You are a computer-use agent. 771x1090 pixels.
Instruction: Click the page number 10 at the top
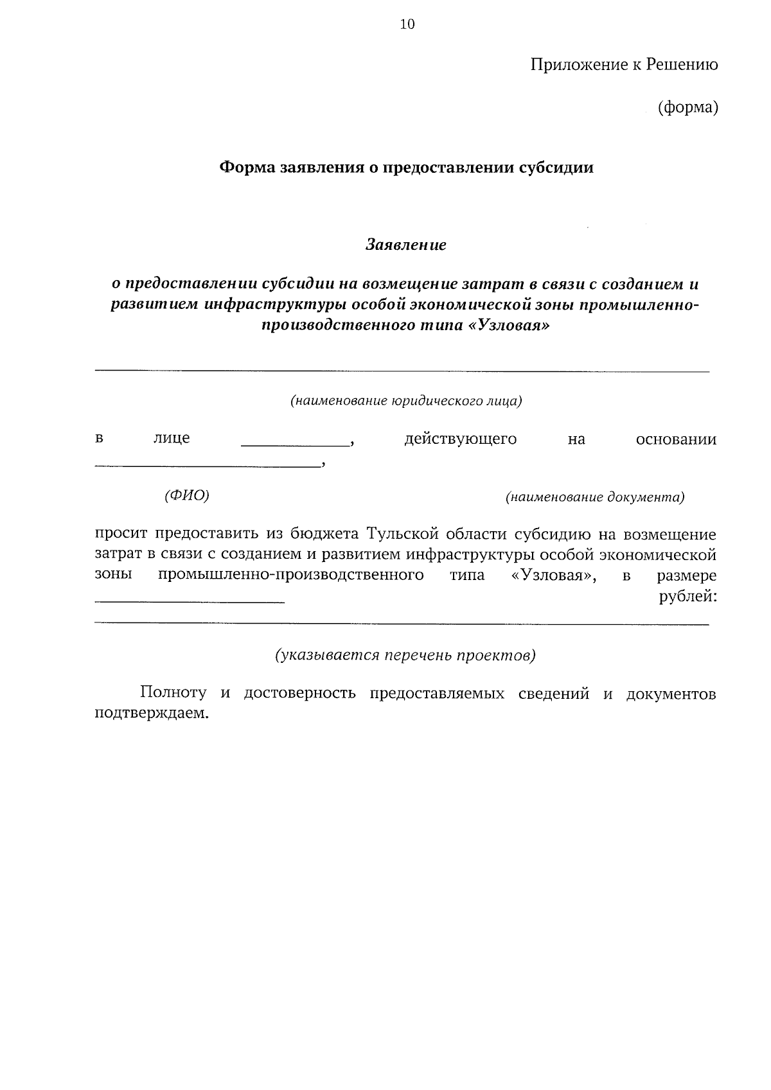click(407, 24)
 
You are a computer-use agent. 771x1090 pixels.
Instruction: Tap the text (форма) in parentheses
click(687, 107)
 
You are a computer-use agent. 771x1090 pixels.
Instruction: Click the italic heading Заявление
click(406, 245)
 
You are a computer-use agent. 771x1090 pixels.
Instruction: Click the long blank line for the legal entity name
click(402, 371)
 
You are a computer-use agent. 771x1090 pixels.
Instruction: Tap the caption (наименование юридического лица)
click(406, 401)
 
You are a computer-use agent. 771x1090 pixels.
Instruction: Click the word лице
click(172, 439)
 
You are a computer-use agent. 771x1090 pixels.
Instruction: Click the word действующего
click(460, 439)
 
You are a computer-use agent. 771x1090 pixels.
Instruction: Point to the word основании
click(676, 439)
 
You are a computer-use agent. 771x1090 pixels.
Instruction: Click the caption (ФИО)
click(187, 495)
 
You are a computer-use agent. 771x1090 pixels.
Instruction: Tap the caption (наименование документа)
click(595, 497)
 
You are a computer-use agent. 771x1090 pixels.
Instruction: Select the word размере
click(686, 576)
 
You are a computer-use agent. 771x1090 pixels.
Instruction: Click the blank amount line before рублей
click(190, 601)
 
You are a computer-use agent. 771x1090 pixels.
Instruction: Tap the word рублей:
click(687, 597)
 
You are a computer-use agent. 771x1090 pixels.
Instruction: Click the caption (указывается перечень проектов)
click(405, 655)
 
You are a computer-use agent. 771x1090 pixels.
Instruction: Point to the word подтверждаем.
click(152, 714)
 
